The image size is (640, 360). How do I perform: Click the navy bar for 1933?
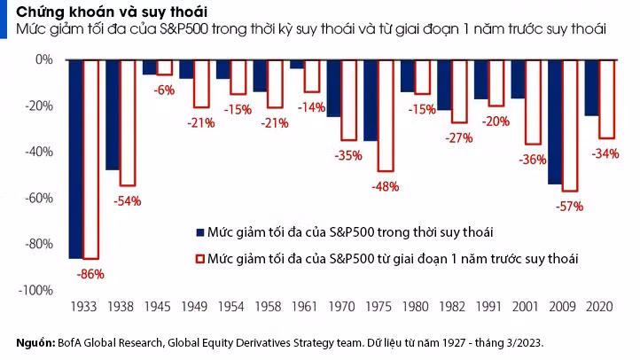click(x=75, y=159)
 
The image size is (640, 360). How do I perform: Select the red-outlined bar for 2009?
click(x=569, y=125)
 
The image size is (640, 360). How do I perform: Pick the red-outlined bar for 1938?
click(x=128, y=122)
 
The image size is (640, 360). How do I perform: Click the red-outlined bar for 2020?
click(x=606, y=98)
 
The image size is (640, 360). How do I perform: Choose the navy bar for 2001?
click(x=518, y=79)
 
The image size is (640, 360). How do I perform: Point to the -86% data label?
click(x=90, y=274)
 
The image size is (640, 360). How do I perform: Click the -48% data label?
click(x=386, y=187)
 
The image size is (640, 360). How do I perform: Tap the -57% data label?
click(x=570, y=207)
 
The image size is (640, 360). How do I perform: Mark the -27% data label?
click(x=460, y=138)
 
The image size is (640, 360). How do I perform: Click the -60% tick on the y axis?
click(x=39, y=198)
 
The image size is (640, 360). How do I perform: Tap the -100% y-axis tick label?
click(x=36, y=290)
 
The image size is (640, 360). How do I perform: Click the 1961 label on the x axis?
click(x=302, y=308)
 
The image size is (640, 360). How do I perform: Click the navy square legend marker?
click(x=199, y=232)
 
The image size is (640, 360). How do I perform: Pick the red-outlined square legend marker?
click(x=199, y=259)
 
